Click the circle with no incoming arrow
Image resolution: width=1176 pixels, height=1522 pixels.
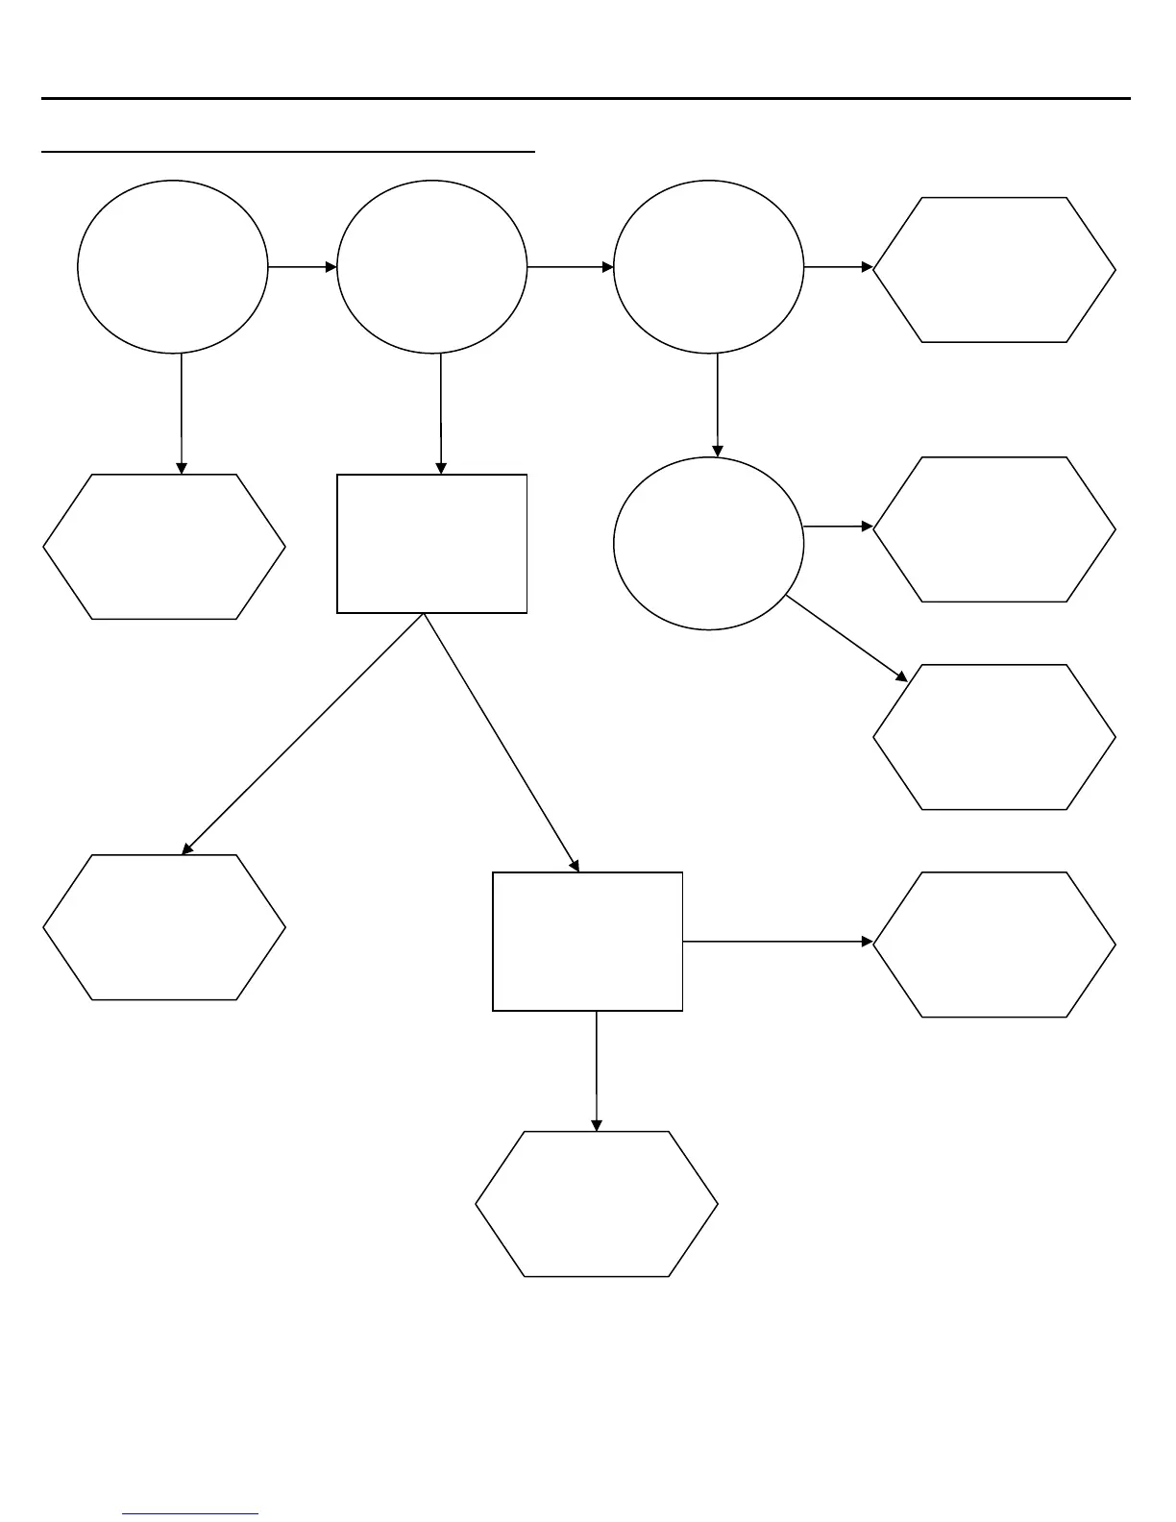coord(172,266)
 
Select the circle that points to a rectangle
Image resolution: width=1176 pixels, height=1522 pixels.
coord(432,266)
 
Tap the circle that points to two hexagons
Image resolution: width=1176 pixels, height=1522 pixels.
coord(708,543)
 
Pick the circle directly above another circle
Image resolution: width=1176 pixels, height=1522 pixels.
coord(708,266)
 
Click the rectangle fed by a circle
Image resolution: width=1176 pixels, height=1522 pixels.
coord(431,543)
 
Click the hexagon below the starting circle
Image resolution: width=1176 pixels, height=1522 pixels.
coord(164,546)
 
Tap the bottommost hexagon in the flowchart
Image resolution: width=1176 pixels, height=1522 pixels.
coord(597,1203)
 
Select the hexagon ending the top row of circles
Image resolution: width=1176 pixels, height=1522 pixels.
coord(994,269)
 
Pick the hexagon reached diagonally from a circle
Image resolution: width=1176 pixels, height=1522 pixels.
coord(994,737)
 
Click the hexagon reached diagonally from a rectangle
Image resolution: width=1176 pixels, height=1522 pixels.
coord(164,927)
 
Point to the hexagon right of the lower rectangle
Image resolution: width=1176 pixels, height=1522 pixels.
coord(994,945)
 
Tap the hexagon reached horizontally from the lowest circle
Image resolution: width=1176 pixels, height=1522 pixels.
coord(994,529)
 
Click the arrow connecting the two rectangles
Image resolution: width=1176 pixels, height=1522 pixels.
coord(501,742)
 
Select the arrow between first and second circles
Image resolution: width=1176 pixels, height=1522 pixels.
coord(303,266)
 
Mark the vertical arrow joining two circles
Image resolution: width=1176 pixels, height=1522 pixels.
coord(717,405)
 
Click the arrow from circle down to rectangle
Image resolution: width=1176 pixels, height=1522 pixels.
coord(440,413)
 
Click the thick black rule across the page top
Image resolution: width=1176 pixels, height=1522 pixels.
coord(586,98)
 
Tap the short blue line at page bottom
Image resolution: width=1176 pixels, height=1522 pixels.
coord(191,1513)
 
